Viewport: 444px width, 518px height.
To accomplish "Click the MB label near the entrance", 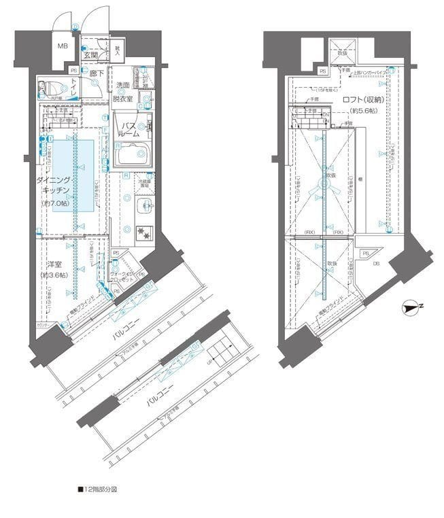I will coord(62,46).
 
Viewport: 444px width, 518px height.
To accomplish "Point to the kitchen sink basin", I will coord(143,207).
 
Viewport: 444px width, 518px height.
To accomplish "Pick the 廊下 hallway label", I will coord(96,72).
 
